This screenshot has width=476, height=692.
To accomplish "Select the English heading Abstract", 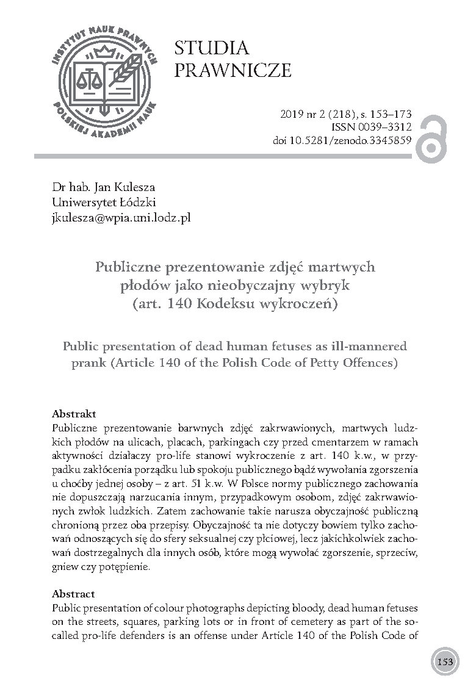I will pos(73,593).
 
